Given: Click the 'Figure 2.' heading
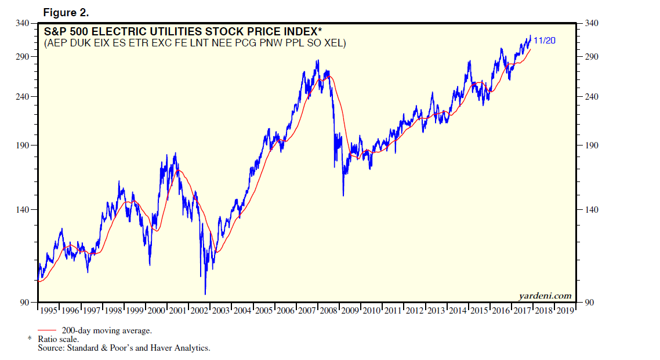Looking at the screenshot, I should pyautogui.click(x=66, y=12).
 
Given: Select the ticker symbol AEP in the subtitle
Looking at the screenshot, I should pyautogui.click(x=56, y=43).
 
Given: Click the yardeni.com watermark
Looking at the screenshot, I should pyautogui.click(x=545, y=296).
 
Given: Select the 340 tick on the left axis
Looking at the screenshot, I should pyautogui.click(x=24, y=24).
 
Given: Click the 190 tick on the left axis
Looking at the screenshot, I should pyautogui.click(x=24, y=146).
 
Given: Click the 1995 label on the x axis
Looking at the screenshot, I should pyautogui.click(x=49, y=311).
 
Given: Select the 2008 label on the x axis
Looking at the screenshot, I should pyautogui.click(x=329, y=311).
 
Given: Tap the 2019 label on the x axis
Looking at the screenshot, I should pyautogui.click(x=565, y=311).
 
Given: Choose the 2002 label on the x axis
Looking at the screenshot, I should pyautogui.click(x=200, y=311).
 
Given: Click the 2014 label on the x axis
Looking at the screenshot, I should pyautogui.click(x=458, y=311).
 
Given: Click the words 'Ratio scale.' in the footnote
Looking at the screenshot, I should pyautogui.click(x=59, y=339).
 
